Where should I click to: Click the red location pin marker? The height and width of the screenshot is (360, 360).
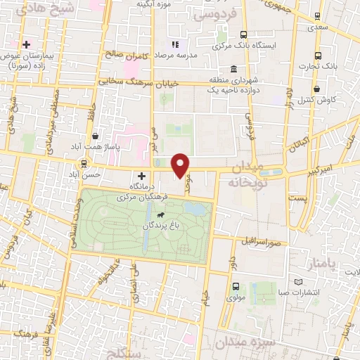tap(181, 164)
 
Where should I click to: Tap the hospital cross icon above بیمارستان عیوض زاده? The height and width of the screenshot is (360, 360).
tap(26, 44)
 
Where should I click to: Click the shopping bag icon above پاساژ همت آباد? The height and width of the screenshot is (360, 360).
tap(94, 137)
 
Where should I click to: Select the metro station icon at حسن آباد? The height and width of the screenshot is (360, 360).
tap(84, 163)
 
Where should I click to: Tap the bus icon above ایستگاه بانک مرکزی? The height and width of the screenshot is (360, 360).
tap(243, 34)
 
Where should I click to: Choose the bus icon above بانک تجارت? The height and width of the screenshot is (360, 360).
tap(318, 56)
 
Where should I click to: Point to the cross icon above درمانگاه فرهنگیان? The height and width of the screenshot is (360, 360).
tap(142, 175)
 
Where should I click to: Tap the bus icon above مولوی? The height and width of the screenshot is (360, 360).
tap(235, 286)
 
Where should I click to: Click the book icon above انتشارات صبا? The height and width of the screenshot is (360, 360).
tap(300, 280)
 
